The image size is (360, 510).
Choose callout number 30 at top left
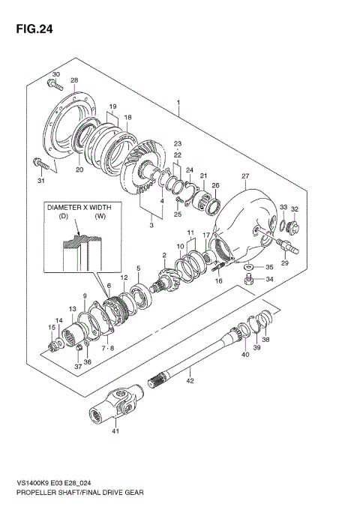tap(55, 73)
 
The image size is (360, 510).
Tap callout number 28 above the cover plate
tap(74, 80)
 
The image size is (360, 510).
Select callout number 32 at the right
tap(295, 209)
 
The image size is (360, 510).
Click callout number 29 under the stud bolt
tap(284, 263)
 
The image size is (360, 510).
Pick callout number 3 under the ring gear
tap(151, 224)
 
